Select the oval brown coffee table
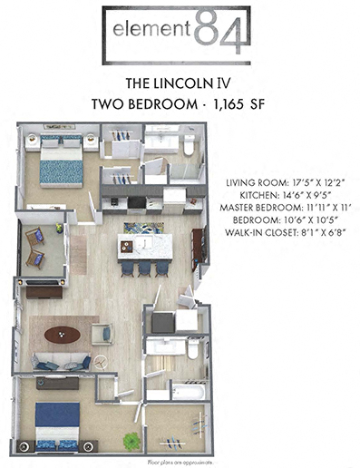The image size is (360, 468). pos(63,333)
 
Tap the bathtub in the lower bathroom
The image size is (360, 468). pos(190,391)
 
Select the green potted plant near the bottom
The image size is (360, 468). pos(133,441)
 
